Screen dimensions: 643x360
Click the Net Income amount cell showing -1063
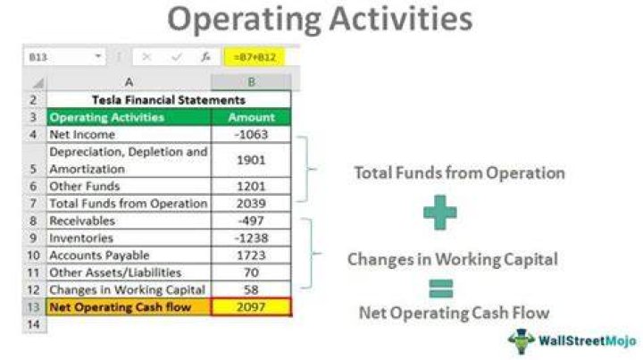(x=251, y=135)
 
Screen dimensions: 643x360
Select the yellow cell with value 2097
(x=251, y=307)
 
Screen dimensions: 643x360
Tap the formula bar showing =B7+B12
(x=255, y=57)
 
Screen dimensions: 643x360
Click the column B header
(x=251, y=82)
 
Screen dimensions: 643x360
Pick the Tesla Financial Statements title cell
(x=169, y=100)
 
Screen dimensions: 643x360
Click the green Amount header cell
(x=251, y=117)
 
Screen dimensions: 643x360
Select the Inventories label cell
(x=129, y=238)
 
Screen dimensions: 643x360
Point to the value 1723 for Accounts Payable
(x=251, y=255)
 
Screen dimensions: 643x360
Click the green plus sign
(x=439, y=212)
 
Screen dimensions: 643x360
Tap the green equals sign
(x=441, y=289)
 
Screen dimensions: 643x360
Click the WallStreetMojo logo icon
(x=522, y=341)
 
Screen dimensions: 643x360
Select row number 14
(x=34, y=324)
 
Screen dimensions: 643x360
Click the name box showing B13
(x=64, y=57)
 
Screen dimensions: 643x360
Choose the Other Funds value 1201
(x=251, y=186)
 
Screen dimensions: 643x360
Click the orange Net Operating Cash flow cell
(x=129, y=307)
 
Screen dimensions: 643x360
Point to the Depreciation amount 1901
(x=251, y=160)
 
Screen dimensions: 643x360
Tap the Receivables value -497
(x=251, y=221)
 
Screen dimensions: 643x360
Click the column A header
(x=129, y=82)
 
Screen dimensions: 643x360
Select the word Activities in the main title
(x=401, y=20)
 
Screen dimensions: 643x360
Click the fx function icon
(x=205, y=57)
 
